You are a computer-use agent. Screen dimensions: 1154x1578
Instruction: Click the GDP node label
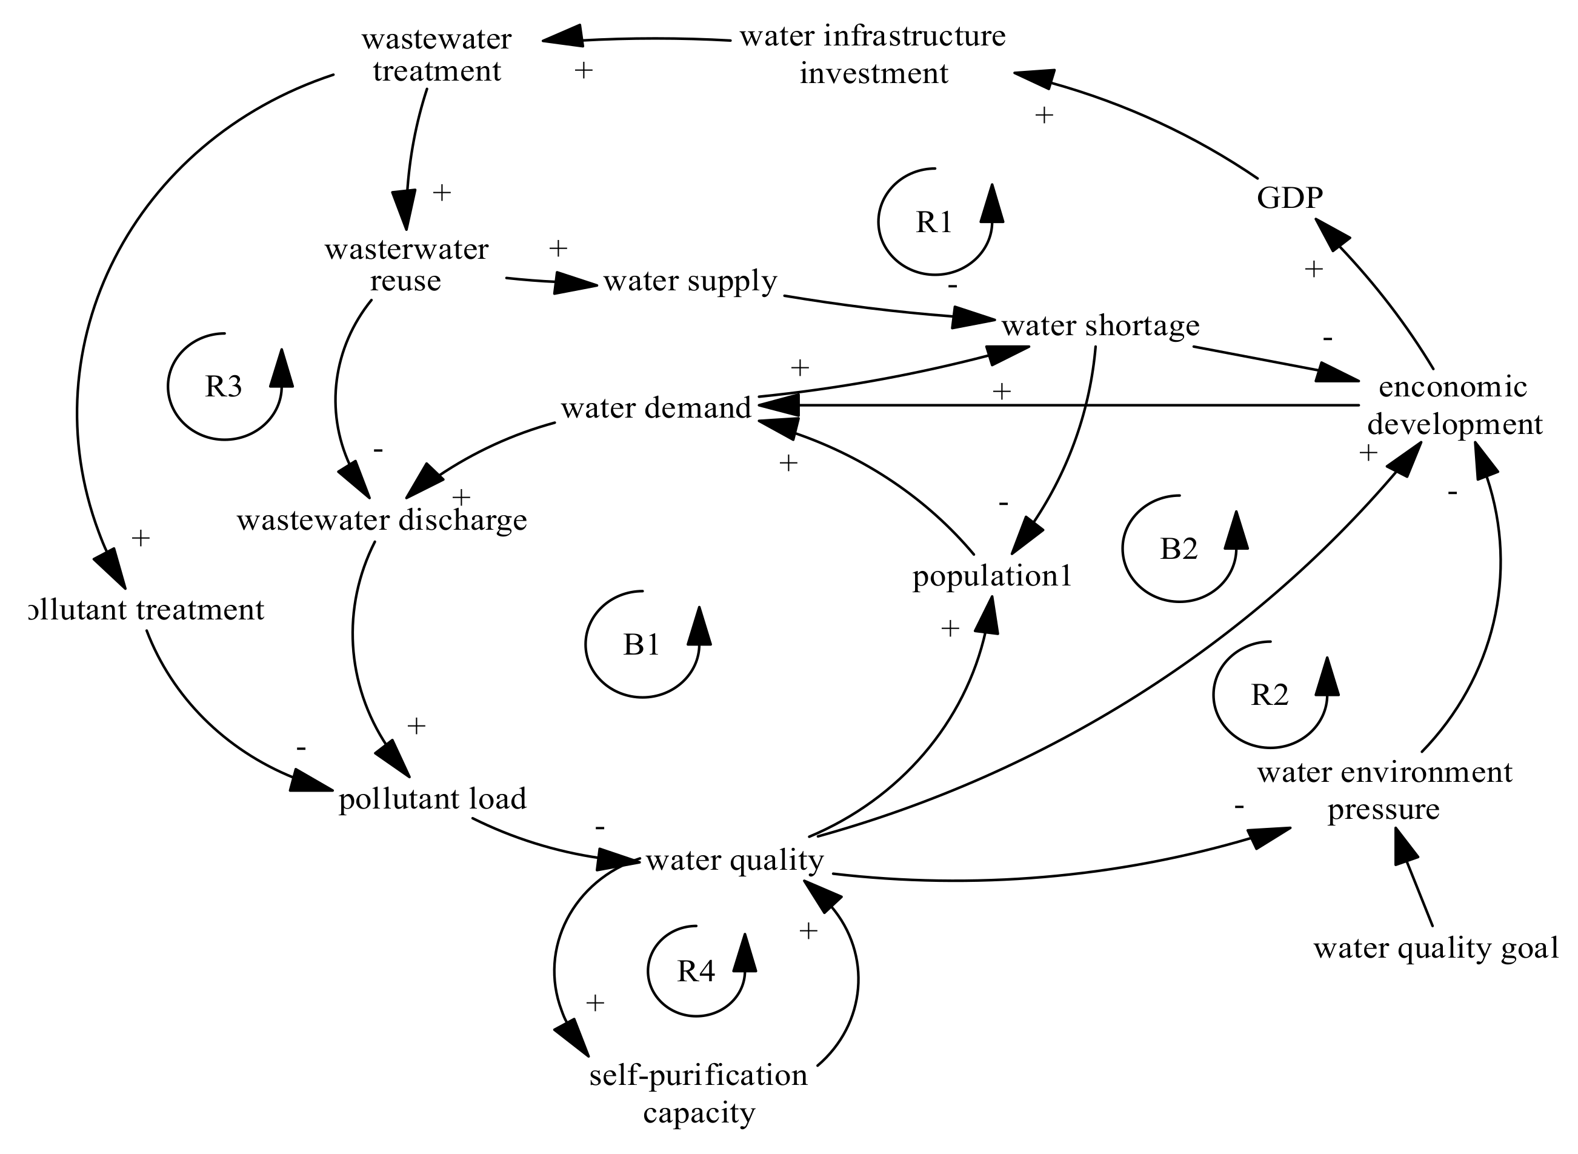point(1289,198)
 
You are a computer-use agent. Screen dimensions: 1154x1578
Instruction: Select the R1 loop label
point(934,222)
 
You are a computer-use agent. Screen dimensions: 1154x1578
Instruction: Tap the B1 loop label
point(641,644)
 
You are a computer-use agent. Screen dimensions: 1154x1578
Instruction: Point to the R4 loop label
point(696,971)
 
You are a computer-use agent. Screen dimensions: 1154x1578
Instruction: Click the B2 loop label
point(1179,549)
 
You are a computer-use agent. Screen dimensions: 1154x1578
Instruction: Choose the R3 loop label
point(224,386)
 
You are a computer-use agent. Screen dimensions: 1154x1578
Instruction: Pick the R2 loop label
point(1269,695)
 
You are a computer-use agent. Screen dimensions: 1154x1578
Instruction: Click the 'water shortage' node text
point(1100,325)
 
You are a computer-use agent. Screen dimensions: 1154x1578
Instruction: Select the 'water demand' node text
point(656,408)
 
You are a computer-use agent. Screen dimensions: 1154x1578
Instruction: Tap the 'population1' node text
point(991,576)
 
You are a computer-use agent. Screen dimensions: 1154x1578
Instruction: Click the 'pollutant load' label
point(432,798)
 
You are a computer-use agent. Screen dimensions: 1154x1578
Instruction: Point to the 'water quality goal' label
point(1436,949)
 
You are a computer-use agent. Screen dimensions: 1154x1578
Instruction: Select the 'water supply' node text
point(690,281)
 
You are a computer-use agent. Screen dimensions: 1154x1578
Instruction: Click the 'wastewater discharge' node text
point(382,521)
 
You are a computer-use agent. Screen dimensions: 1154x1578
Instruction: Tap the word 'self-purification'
point(698,1075)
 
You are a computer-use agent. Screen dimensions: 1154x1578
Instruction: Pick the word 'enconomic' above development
point(1453,386)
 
